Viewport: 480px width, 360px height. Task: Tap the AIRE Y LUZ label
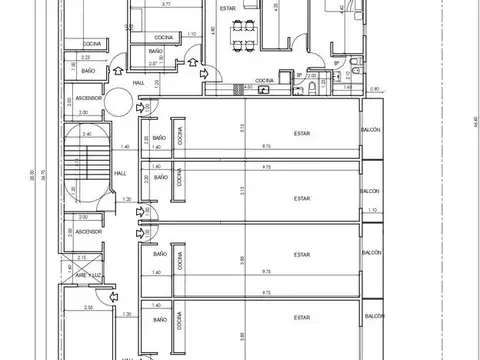[x=90, y=274]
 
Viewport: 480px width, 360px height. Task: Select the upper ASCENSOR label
[x=88, y=98]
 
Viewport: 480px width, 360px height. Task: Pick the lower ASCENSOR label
[x=88, y=231]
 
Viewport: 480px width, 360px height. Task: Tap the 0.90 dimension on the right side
[x=374, y=90]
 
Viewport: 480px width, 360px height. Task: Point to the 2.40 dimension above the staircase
[x=87, y=134]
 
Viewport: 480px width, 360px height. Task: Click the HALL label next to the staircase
[x=119, y=172]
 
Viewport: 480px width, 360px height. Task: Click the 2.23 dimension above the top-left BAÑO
[x=85, y=58]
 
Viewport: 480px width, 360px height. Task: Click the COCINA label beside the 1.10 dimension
[x=164, y=37]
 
